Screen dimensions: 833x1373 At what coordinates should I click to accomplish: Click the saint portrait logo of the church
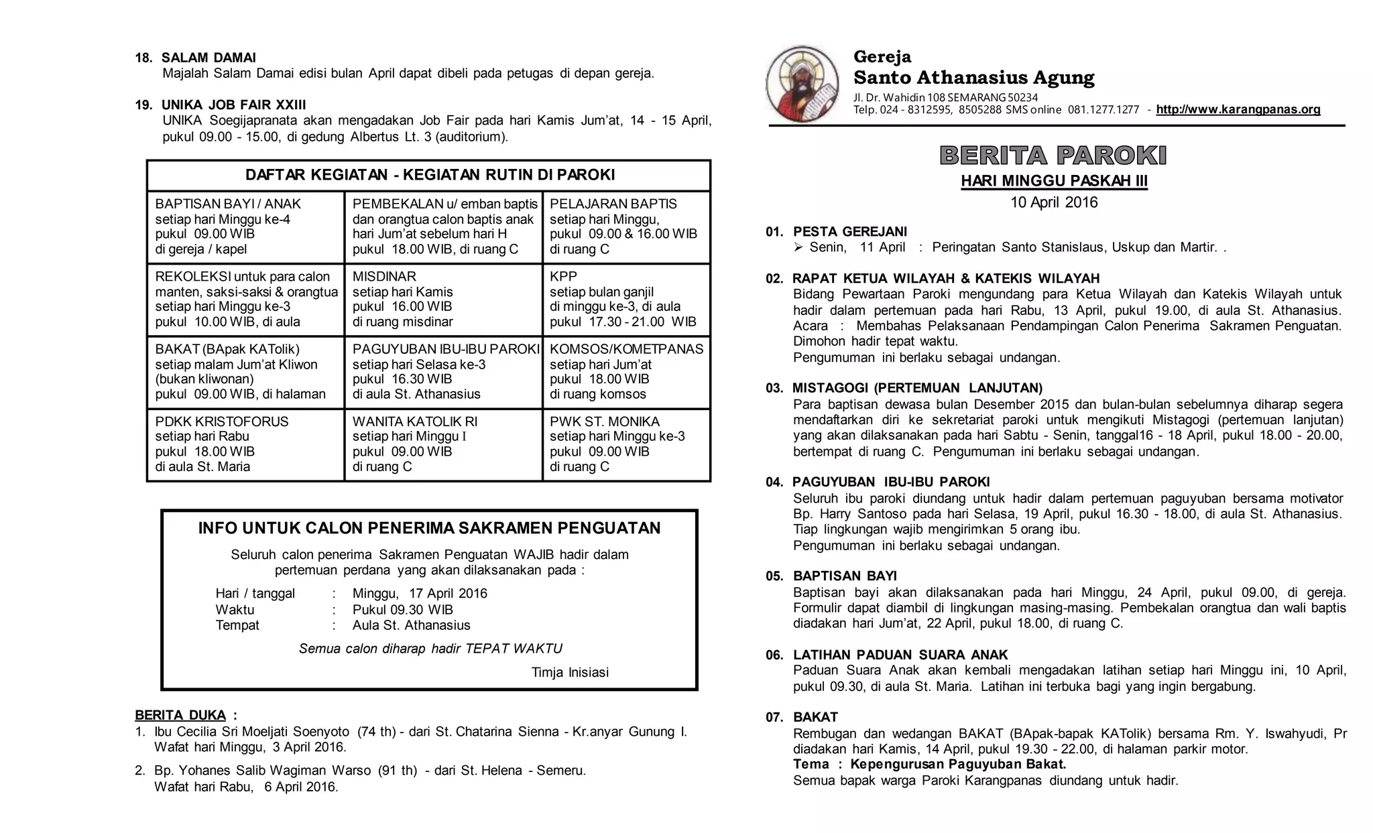[x=802, y=84]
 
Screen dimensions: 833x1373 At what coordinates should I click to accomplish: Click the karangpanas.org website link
[x=1238, y=109]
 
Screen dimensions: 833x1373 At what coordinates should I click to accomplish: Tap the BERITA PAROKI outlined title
[x=1053, y=155]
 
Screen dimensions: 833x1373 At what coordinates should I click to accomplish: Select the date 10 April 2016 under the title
[x=1054, y=202]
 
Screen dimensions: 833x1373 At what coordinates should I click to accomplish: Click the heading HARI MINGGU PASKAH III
[x=1054, y=181]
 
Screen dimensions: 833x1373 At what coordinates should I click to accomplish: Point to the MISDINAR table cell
[x=442, y=299]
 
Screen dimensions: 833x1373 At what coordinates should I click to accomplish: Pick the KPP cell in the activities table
[x=625, y=299]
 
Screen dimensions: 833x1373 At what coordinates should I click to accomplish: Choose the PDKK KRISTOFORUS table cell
[x=245, y=444]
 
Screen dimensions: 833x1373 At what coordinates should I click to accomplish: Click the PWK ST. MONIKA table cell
[x=625, y=444]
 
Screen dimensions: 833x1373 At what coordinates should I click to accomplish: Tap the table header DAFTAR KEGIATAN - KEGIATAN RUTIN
[x=430, y=175]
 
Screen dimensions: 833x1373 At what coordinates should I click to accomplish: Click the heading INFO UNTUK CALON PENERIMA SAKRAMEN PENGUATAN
[x=429, y=528]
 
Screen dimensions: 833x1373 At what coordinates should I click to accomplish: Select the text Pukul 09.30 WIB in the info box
[x=403, y=610]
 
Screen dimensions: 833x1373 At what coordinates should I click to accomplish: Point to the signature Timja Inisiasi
[x=570, y=672]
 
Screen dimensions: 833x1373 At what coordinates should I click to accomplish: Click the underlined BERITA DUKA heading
[x=180, y=715]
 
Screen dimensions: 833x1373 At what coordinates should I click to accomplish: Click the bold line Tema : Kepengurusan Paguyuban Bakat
[x=929, y=765]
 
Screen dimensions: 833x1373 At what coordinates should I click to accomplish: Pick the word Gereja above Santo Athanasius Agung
[x=882, y=57]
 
